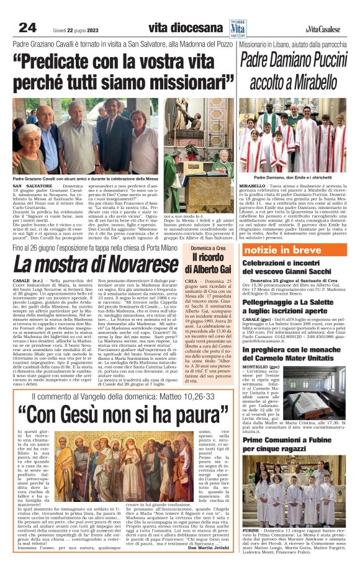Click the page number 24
(x=28, y=27)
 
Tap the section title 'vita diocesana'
(x=185, y=28)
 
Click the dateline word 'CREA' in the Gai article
(x=191, y=280)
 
